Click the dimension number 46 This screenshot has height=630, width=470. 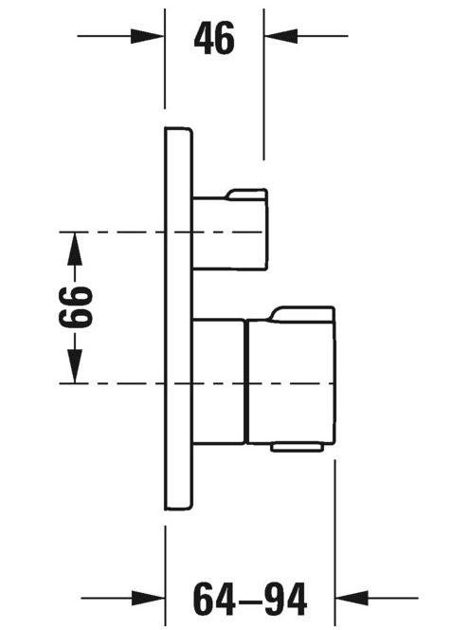[214, 39]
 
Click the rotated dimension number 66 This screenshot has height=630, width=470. [76, 307]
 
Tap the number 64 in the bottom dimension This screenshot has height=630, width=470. [214, 600]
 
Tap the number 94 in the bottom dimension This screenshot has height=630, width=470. [286, 600]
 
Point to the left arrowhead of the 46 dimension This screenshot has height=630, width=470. [147, 36]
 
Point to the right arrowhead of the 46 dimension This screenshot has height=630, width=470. [280, 36]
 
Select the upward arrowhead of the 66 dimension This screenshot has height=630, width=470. [74, 249]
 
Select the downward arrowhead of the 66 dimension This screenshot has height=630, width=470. [74, 366]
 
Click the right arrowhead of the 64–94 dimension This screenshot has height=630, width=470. [352, 598]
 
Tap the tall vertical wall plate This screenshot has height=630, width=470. [179, 319]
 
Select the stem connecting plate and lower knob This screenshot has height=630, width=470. [219, 381]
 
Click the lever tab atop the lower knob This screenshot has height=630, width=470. [303, 314]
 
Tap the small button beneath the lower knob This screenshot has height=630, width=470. [297, 448]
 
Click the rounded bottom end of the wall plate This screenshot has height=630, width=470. [179, 507]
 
